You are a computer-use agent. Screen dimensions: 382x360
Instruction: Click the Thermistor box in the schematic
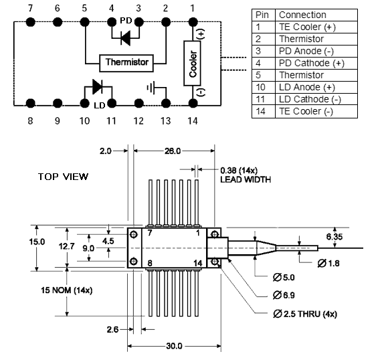click(126, 63)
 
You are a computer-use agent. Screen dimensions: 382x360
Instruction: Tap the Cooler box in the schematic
click(192, 64)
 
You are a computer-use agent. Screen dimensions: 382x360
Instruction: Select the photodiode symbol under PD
click(126, 38)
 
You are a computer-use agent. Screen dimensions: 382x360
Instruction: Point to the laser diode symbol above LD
click(98, 86)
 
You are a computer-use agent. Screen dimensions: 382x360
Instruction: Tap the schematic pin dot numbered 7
click(31, 22)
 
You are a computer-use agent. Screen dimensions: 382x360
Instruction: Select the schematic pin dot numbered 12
click(139, 103)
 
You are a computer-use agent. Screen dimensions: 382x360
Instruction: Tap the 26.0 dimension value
click(173, 151)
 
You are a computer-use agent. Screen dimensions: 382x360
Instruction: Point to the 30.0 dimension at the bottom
click(174, 346)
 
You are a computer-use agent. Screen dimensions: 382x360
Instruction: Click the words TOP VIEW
click(63, 177)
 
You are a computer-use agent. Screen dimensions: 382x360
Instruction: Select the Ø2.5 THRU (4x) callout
click(305, 314)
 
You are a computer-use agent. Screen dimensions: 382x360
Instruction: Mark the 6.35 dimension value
click(335, 237)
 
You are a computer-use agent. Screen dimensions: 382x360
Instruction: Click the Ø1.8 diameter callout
click(328, 263)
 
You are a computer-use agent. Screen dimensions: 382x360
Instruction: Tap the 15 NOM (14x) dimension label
click(66, 290)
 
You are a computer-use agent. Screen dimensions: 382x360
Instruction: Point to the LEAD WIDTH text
click(246, 179)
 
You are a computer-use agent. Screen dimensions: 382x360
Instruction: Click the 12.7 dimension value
click(66, 246)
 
